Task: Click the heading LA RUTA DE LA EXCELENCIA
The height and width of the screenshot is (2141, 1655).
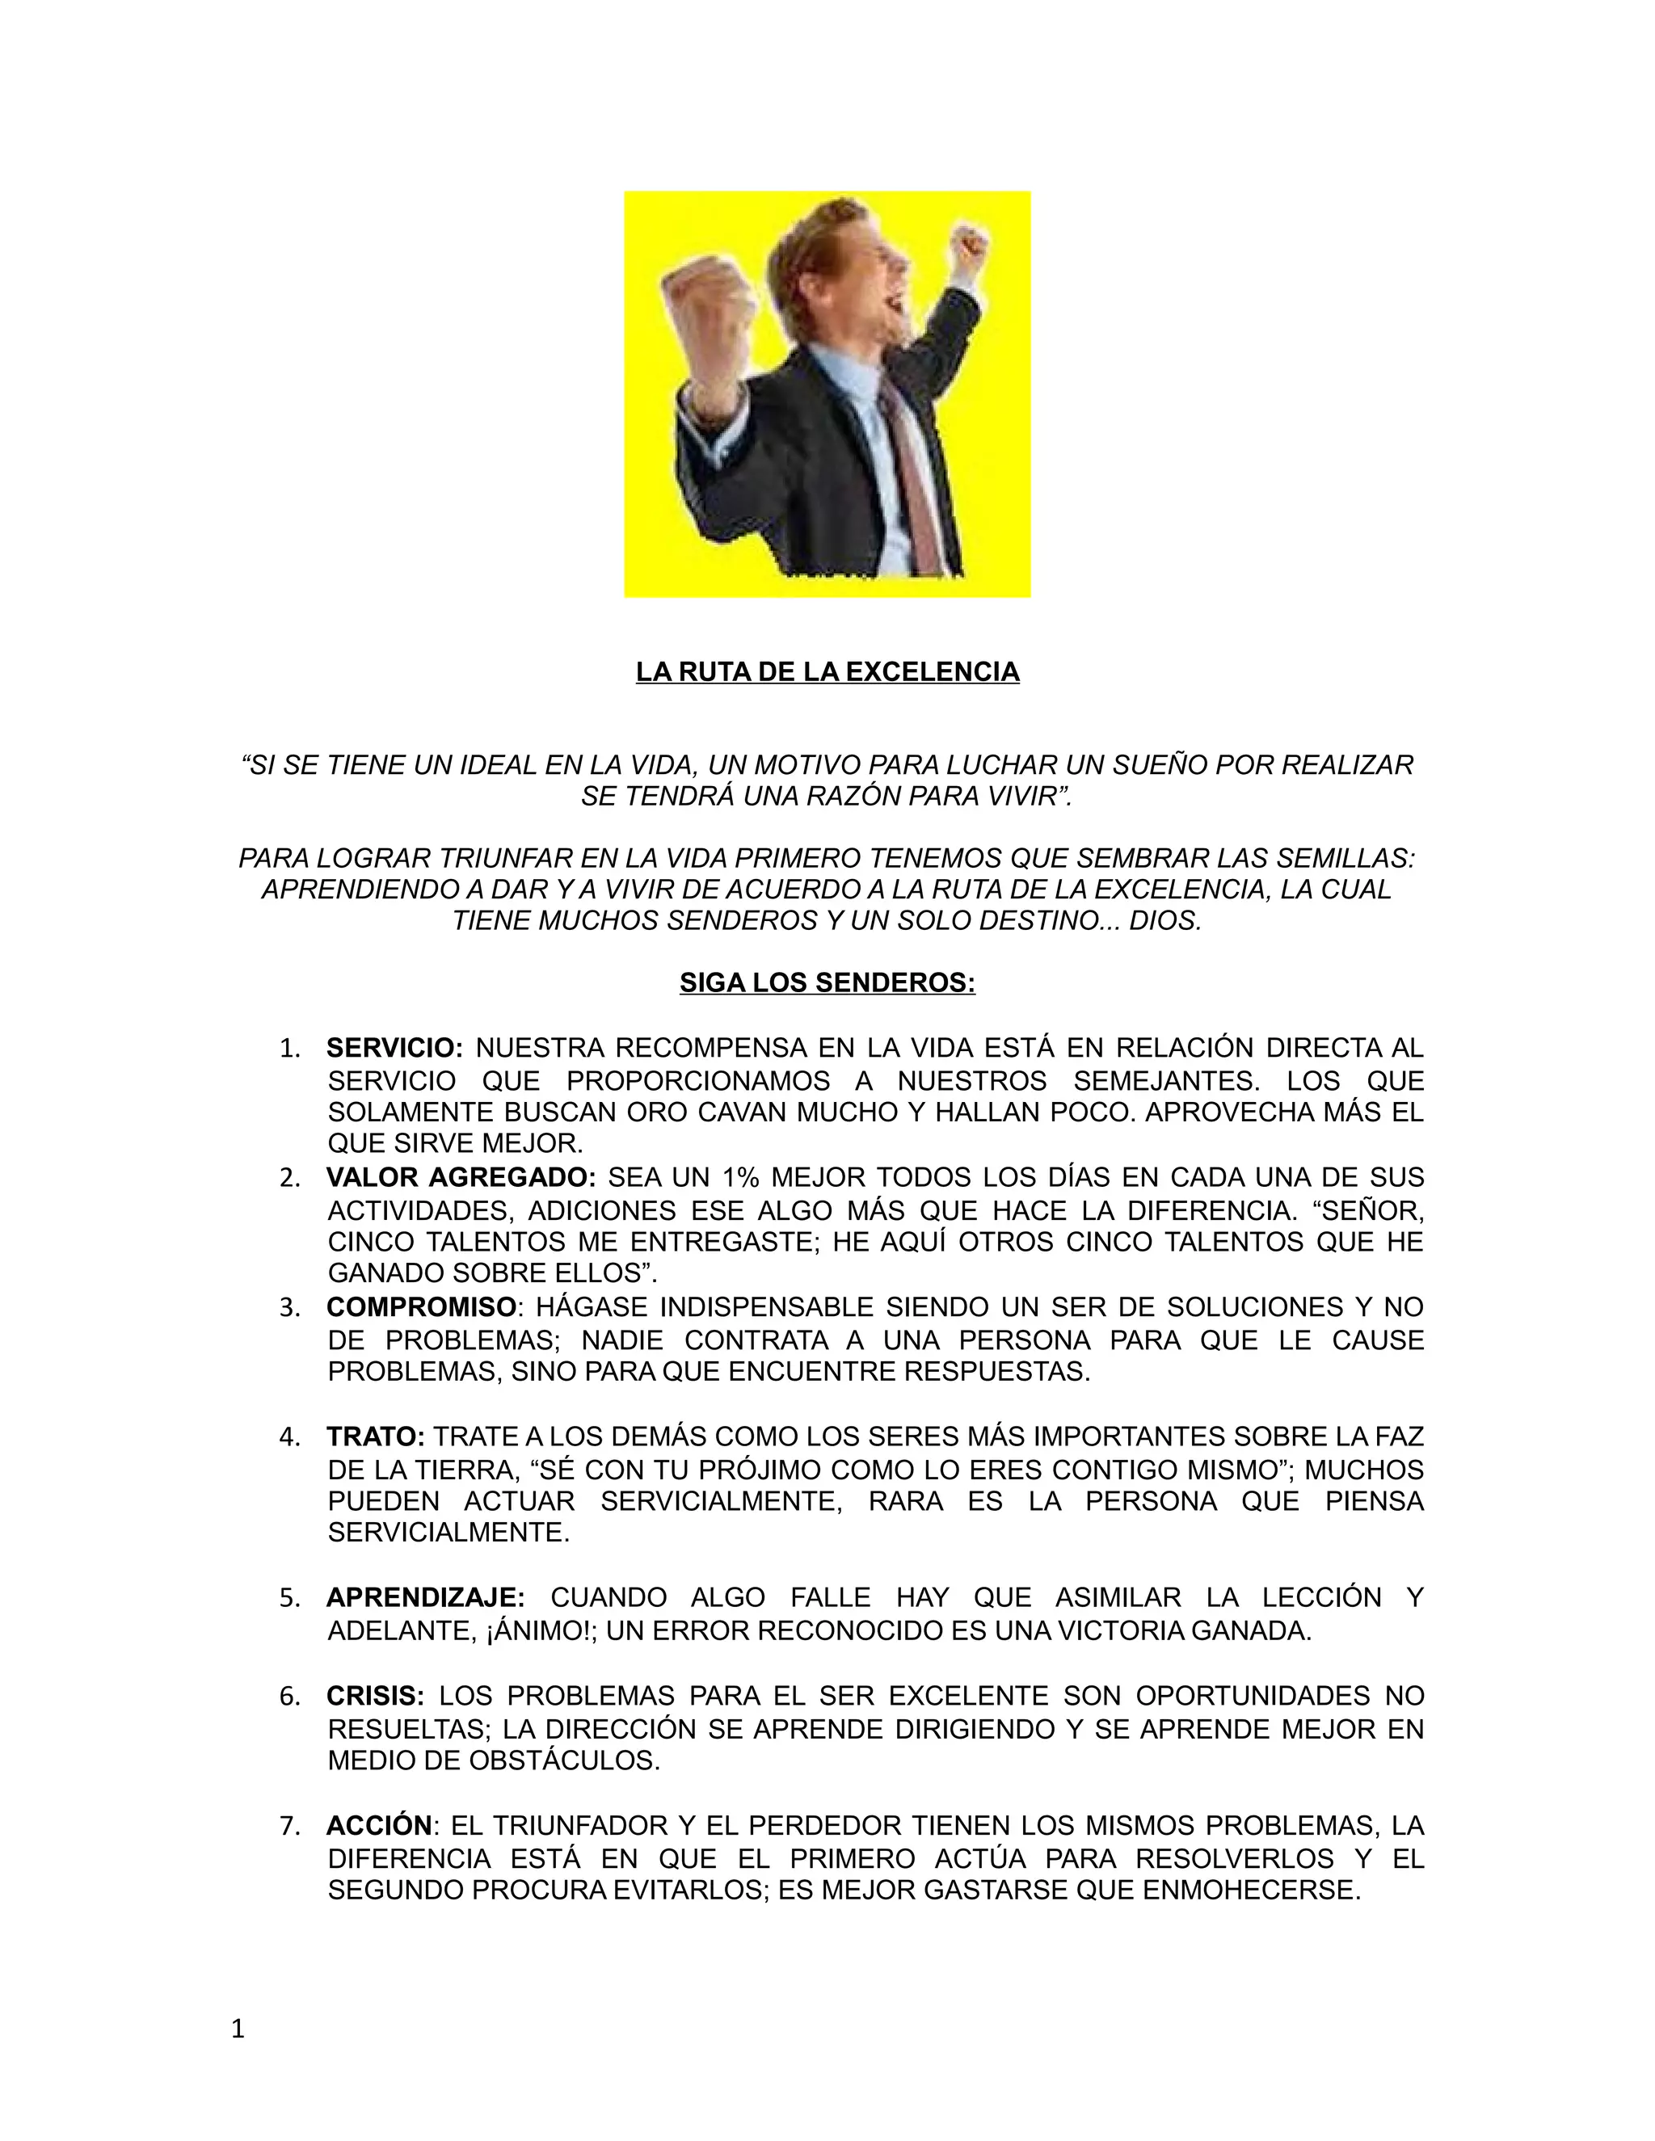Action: click(827, 671)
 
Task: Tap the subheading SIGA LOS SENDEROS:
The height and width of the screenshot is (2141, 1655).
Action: click(827, 982)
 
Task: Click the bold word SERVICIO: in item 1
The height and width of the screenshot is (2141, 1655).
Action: click(394, 1048)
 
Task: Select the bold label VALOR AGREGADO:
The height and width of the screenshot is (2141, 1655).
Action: click(461, 1177)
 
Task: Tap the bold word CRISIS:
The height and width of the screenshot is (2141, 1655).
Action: click(376, 1696)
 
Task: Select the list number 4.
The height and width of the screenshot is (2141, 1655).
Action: click(289, 1437)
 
